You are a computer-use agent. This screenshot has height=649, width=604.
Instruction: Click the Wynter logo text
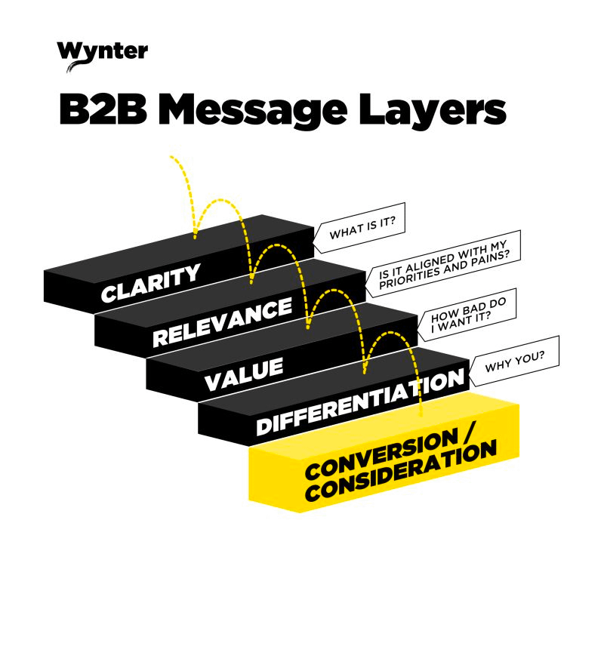click(x=102, y=51)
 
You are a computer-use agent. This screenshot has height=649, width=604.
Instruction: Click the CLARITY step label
click(x=151, y=283)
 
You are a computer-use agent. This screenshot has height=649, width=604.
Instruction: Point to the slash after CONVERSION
click(x=470, y=434)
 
